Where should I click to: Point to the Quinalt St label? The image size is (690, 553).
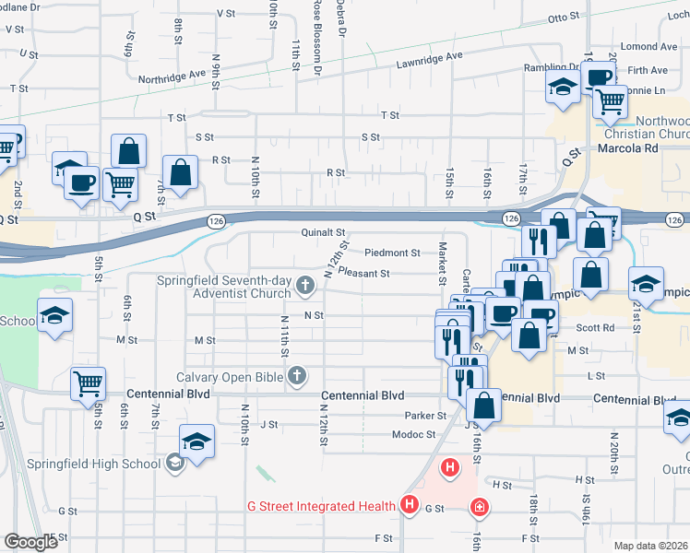pos(323,233)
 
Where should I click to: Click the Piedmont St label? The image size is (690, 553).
pos(392,252)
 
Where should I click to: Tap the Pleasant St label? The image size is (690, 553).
pos(363,273)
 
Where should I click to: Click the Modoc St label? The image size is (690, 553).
pos(412,434)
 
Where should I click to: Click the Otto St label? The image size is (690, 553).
pos(564,18)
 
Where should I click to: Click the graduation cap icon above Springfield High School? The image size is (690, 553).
pos(196,441)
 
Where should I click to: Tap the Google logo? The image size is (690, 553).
pos(30,542)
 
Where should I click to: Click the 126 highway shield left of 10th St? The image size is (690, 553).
pos(215,220)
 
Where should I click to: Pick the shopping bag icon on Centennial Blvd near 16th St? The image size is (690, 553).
pos(483,404)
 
